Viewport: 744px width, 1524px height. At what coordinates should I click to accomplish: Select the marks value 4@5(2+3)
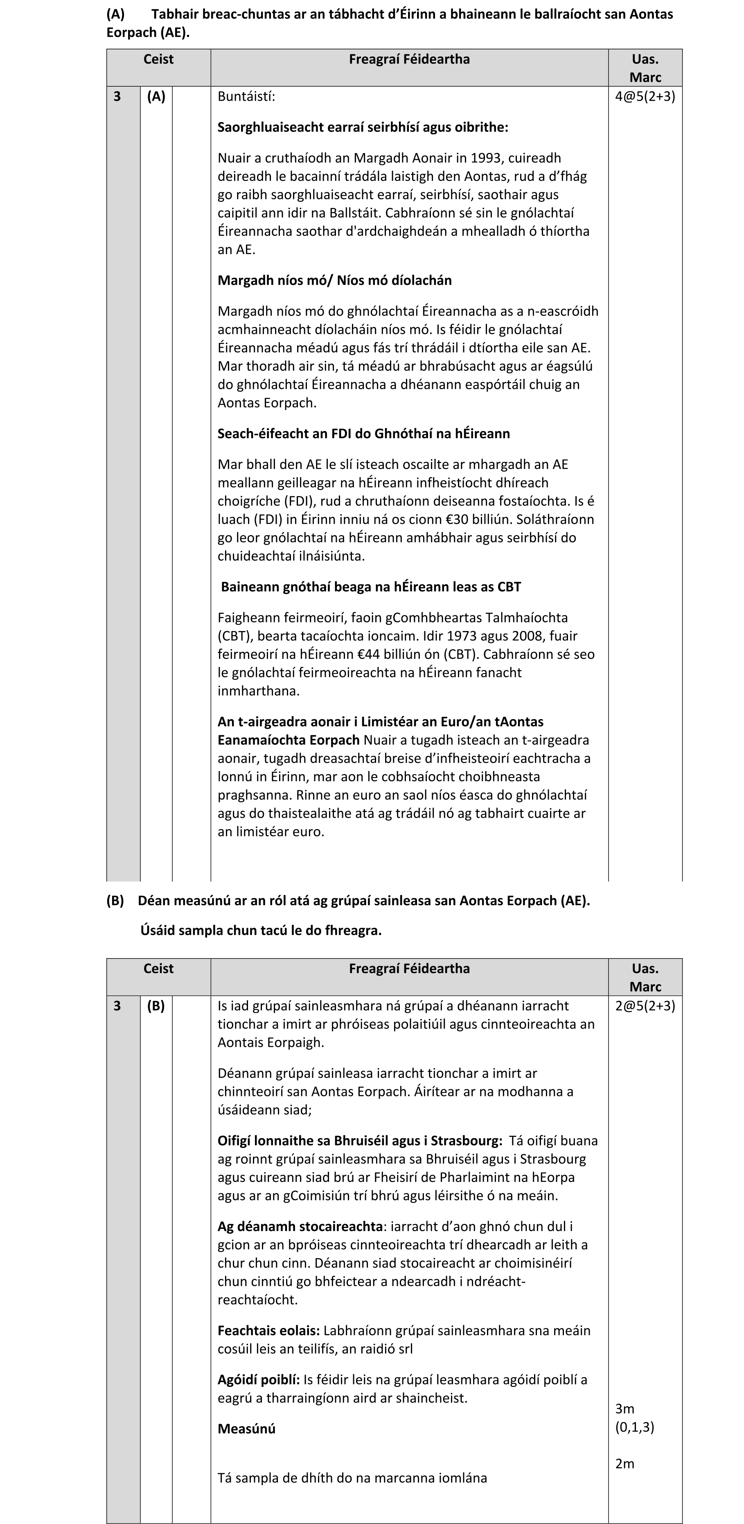point(645,97)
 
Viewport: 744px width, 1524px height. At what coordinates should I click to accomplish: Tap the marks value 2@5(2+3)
point(645,1006)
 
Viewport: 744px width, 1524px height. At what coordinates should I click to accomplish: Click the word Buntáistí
point(246,97)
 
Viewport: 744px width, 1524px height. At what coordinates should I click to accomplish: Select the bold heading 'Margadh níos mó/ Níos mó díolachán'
point(334,280)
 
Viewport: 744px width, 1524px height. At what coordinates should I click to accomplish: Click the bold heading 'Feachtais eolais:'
point(268,1330)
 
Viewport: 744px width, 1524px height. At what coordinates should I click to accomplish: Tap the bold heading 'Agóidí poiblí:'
point(259,1380)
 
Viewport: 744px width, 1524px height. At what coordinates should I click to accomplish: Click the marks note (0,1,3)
point(635,1427)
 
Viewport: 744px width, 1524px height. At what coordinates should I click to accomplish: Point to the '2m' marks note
point(625,1464)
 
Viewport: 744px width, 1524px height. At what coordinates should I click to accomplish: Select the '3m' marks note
point(625,1409)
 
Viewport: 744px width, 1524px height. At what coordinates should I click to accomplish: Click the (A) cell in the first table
point(156,97)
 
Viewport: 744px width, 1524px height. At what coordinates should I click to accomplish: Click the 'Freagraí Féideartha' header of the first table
point(409,59)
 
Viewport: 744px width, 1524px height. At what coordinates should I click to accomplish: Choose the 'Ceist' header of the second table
point(158,969)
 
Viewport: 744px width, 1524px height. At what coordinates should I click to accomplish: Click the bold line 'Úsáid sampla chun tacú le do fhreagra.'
point(261,930)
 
